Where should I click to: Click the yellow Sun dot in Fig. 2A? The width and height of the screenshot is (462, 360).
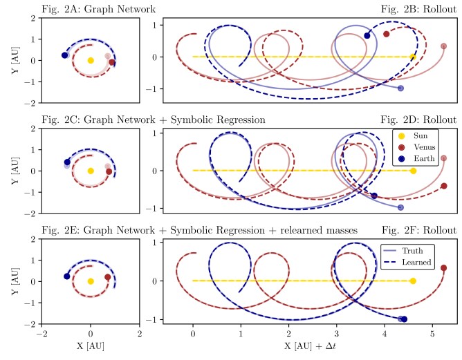tap(91, 60)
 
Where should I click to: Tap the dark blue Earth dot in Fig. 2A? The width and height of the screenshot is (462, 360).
tap(65, 55)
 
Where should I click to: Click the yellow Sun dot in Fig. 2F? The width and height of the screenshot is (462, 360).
tap(413, 281)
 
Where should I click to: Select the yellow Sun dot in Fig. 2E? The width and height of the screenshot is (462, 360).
tap(91, 281)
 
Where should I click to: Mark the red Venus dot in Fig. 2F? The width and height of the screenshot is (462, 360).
tap(443, 267)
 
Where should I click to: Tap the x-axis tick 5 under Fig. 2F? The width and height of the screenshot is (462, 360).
tap(432, 334)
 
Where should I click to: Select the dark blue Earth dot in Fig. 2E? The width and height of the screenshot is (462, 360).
tap(67, 276)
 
